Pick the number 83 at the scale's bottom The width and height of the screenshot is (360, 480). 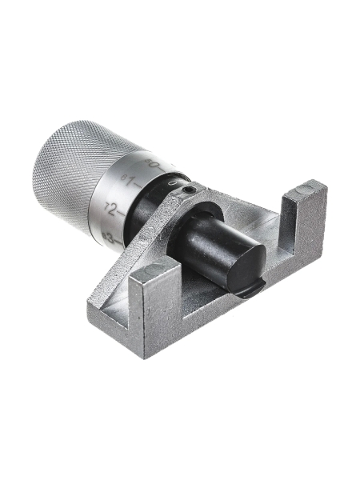108,238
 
